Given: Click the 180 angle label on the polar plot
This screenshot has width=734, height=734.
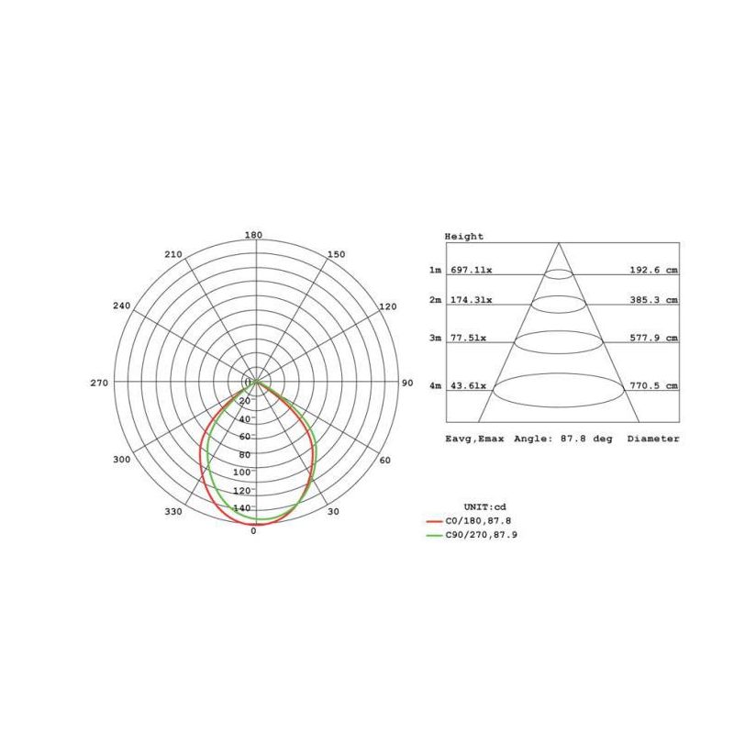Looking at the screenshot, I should [253, 235].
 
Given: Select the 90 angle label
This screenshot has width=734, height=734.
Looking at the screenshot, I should [407, 383].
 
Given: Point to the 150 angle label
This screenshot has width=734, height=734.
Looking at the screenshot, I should [337, 254].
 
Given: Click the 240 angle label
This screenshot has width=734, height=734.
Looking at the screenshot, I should [122, 306].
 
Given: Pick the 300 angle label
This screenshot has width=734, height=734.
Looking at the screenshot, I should [121, 459].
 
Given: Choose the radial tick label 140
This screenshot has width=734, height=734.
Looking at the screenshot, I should [243, 507].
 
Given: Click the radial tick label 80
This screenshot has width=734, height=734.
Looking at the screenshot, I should [244, 454].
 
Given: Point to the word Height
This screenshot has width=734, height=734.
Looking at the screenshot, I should [464, 237].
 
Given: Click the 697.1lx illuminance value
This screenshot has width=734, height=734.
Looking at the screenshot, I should [471, 271].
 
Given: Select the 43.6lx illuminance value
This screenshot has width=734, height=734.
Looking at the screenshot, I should [468, 386].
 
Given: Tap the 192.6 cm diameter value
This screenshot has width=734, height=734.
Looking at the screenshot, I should [652, 271].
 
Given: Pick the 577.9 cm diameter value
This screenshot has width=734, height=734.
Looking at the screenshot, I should [652, 338].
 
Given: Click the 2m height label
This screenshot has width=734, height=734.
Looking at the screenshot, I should [435, 300].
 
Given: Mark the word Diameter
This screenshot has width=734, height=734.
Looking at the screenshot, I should [653, 439].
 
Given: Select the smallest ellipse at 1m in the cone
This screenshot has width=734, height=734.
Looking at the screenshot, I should [559, 273].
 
